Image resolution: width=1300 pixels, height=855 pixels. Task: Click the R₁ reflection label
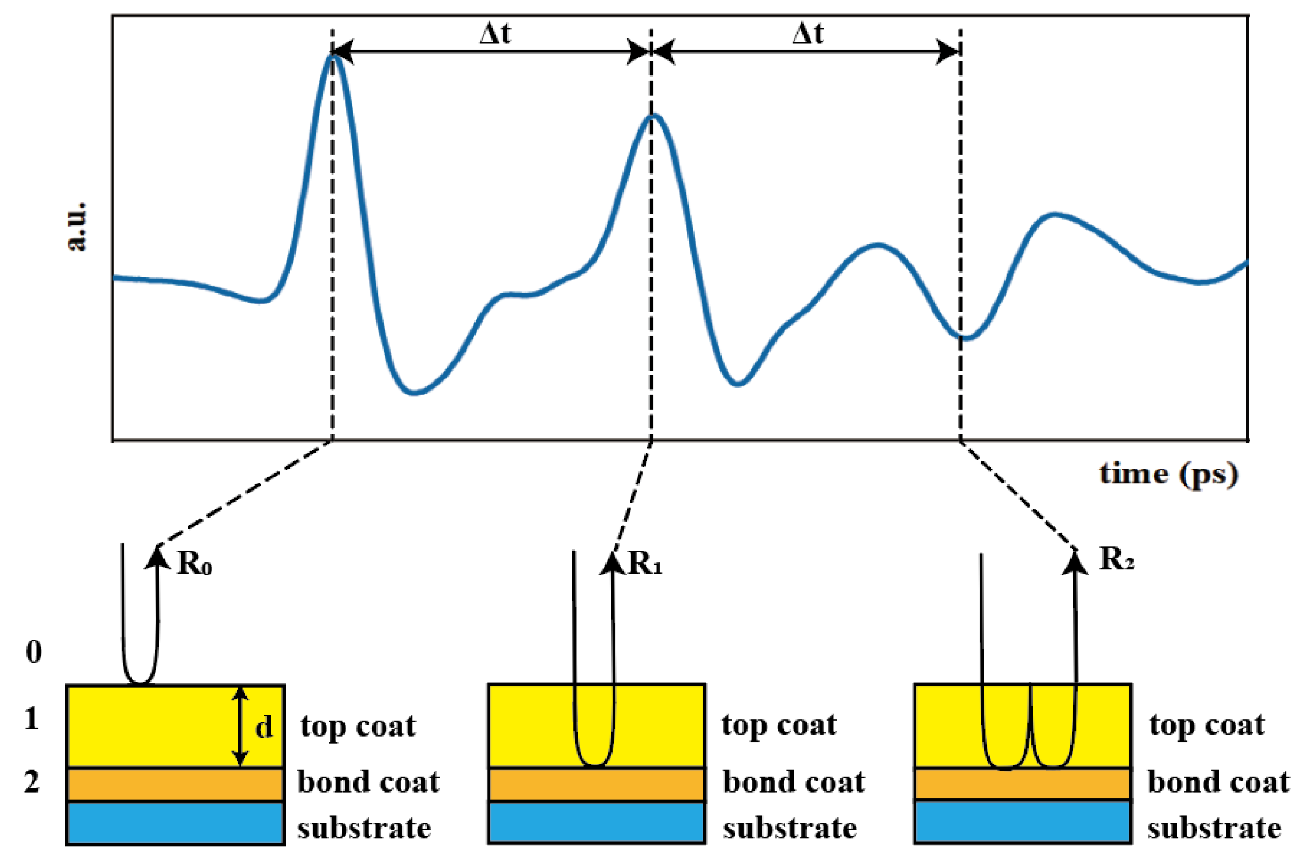644,563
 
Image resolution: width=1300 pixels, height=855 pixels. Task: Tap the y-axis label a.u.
77,226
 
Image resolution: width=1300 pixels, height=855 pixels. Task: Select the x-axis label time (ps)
1168,473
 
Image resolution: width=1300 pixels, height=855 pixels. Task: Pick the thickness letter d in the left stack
264,728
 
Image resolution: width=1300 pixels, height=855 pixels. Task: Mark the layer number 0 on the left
34,652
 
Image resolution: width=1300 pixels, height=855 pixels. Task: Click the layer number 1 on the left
32,718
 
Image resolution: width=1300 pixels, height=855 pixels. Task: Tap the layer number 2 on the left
32,782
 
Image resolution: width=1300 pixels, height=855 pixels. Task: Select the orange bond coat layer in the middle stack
596,784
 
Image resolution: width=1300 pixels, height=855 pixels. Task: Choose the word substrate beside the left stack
364,828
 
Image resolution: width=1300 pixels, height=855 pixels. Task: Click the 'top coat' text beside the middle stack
779,725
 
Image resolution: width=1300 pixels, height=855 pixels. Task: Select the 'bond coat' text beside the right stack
1219,782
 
